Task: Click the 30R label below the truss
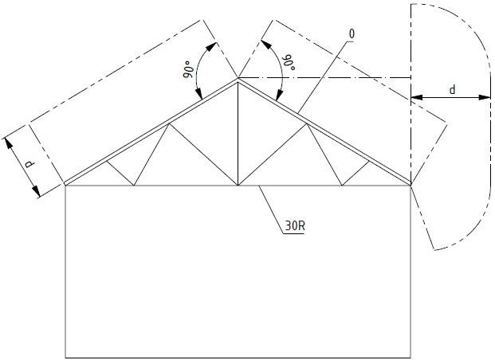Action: [x=293, y=226]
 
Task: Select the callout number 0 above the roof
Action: [x=352, y=34]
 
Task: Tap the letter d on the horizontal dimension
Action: [x=452, y=90]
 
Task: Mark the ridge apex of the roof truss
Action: [x=238, y=78]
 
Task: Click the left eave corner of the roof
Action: [x=65, y=185]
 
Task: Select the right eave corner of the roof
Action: [x=411, y=185]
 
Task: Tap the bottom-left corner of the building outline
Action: [x=65, y=357]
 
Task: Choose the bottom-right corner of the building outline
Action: [x=411, y=357]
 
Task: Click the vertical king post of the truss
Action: [x=238, y=135]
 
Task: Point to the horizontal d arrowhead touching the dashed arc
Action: [x=485, y=98]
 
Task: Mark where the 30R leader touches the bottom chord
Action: [x=260, y=186]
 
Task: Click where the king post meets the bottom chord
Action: [x=238, y=185]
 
